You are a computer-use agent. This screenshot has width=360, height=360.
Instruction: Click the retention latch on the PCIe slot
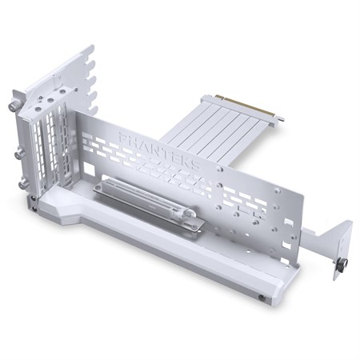click(x=190, y=225)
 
